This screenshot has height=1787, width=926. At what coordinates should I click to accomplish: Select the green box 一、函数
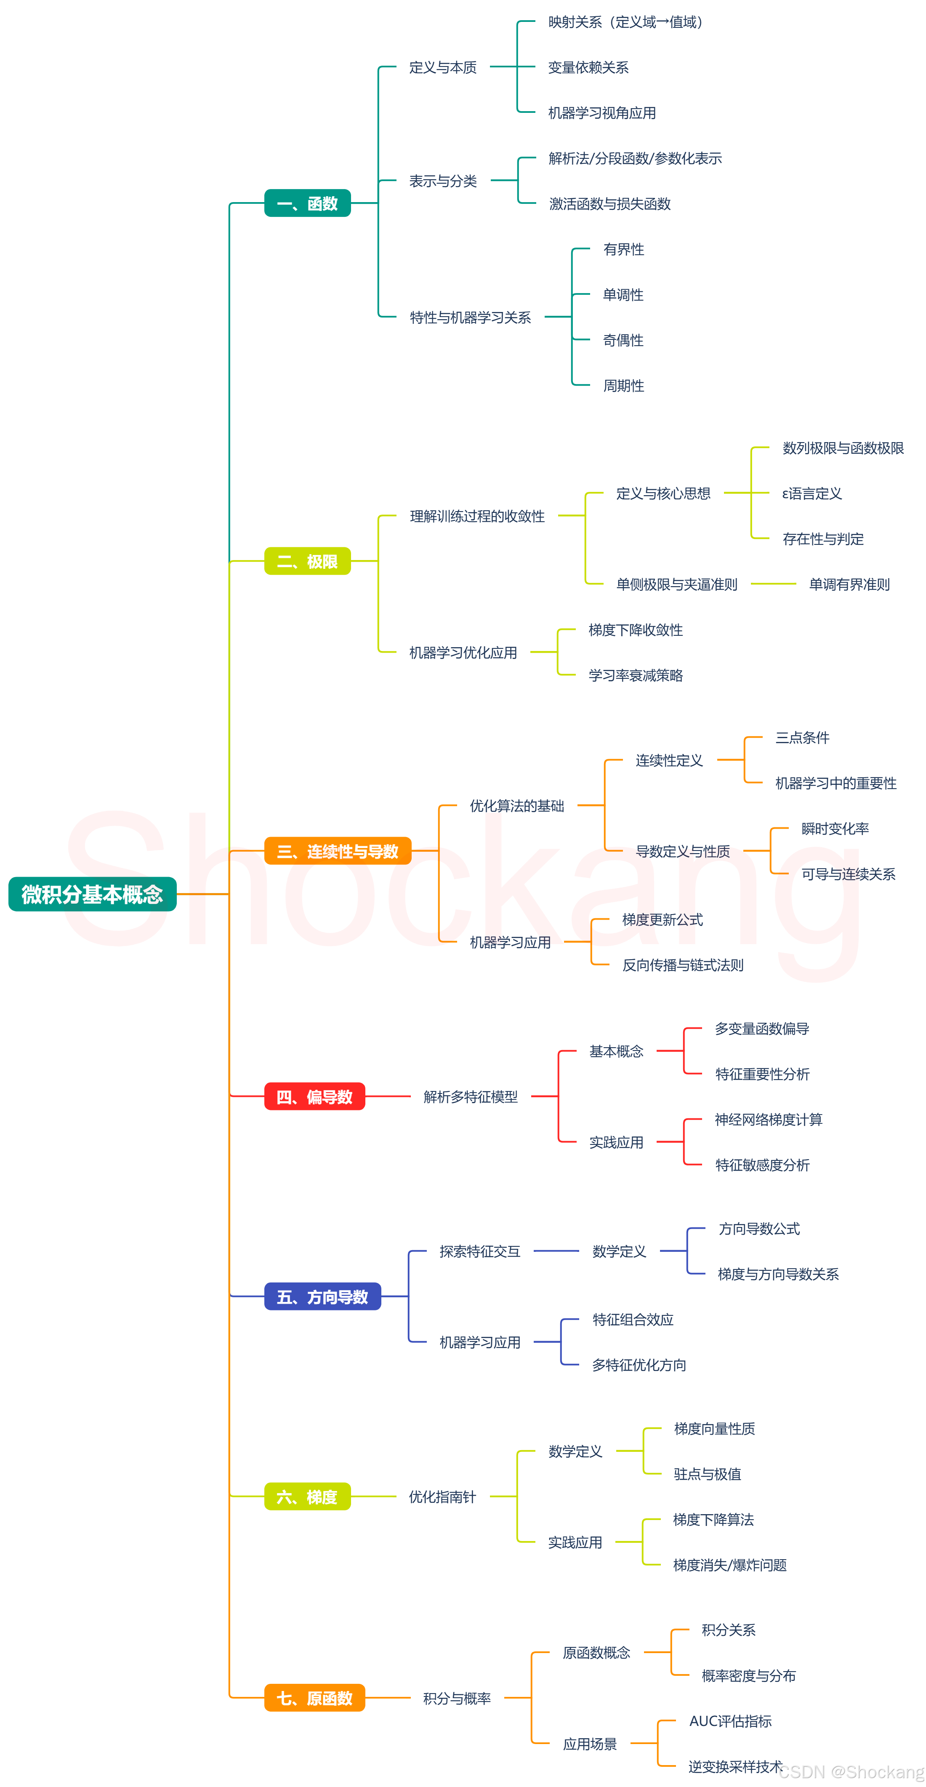[307, 203]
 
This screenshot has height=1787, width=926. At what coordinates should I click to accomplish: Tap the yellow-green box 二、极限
[307, 561]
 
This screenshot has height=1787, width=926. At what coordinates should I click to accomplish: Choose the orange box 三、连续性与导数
[338, 851]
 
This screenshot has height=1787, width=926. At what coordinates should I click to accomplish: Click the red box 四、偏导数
[314, 1097]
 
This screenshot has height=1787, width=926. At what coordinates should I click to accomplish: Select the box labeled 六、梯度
[307, 1496]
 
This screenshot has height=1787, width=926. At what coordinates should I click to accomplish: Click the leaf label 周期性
[623, 386]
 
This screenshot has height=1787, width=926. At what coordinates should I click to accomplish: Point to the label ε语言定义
[812, 493]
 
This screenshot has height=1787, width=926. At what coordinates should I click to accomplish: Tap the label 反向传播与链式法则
[683, 965]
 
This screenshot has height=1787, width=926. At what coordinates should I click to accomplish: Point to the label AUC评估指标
[730, 1720]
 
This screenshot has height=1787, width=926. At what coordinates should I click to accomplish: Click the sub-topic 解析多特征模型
[470, 1097]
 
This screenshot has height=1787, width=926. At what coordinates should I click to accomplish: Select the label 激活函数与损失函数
[610, 203]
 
